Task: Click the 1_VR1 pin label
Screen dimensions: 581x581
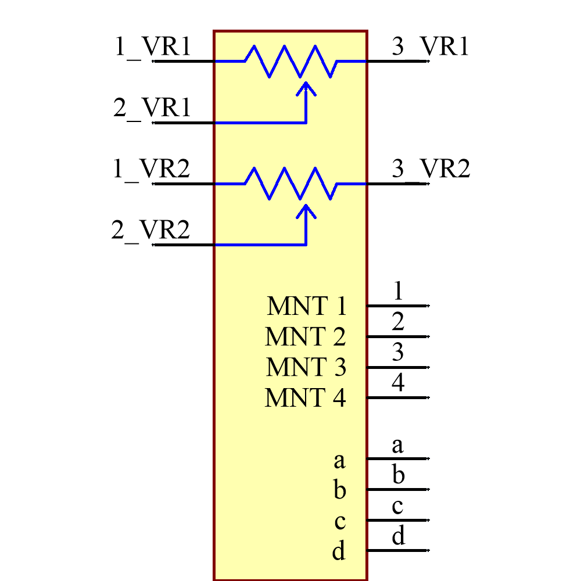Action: [153, 46]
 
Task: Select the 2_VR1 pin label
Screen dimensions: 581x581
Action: [152, 108]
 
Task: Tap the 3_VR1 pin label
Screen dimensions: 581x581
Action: [430, 46]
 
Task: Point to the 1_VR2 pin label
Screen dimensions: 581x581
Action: [152, 170]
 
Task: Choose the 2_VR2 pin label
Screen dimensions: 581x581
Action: [151, 231]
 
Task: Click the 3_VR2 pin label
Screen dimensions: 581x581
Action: [431, 170]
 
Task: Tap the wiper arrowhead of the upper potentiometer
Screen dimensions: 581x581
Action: [306, 88]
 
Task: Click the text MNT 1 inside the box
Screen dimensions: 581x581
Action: [306, 306]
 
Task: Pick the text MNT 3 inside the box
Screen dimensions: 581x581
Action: [306, 368]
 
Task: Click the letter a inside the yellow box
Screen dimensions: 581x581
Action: [339, 461]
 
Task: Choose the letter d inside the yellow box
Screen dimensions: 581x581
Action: [339, 550]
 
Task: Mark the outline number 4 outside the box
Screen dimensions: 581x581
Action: [397, 383]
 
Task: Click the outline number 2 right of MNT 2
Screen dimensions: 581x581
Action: [397, 321]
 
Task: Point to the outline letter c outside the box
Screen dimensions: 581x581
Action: [397, 507]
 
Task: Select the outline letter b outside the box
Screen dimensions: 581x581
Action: [398, 476]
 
